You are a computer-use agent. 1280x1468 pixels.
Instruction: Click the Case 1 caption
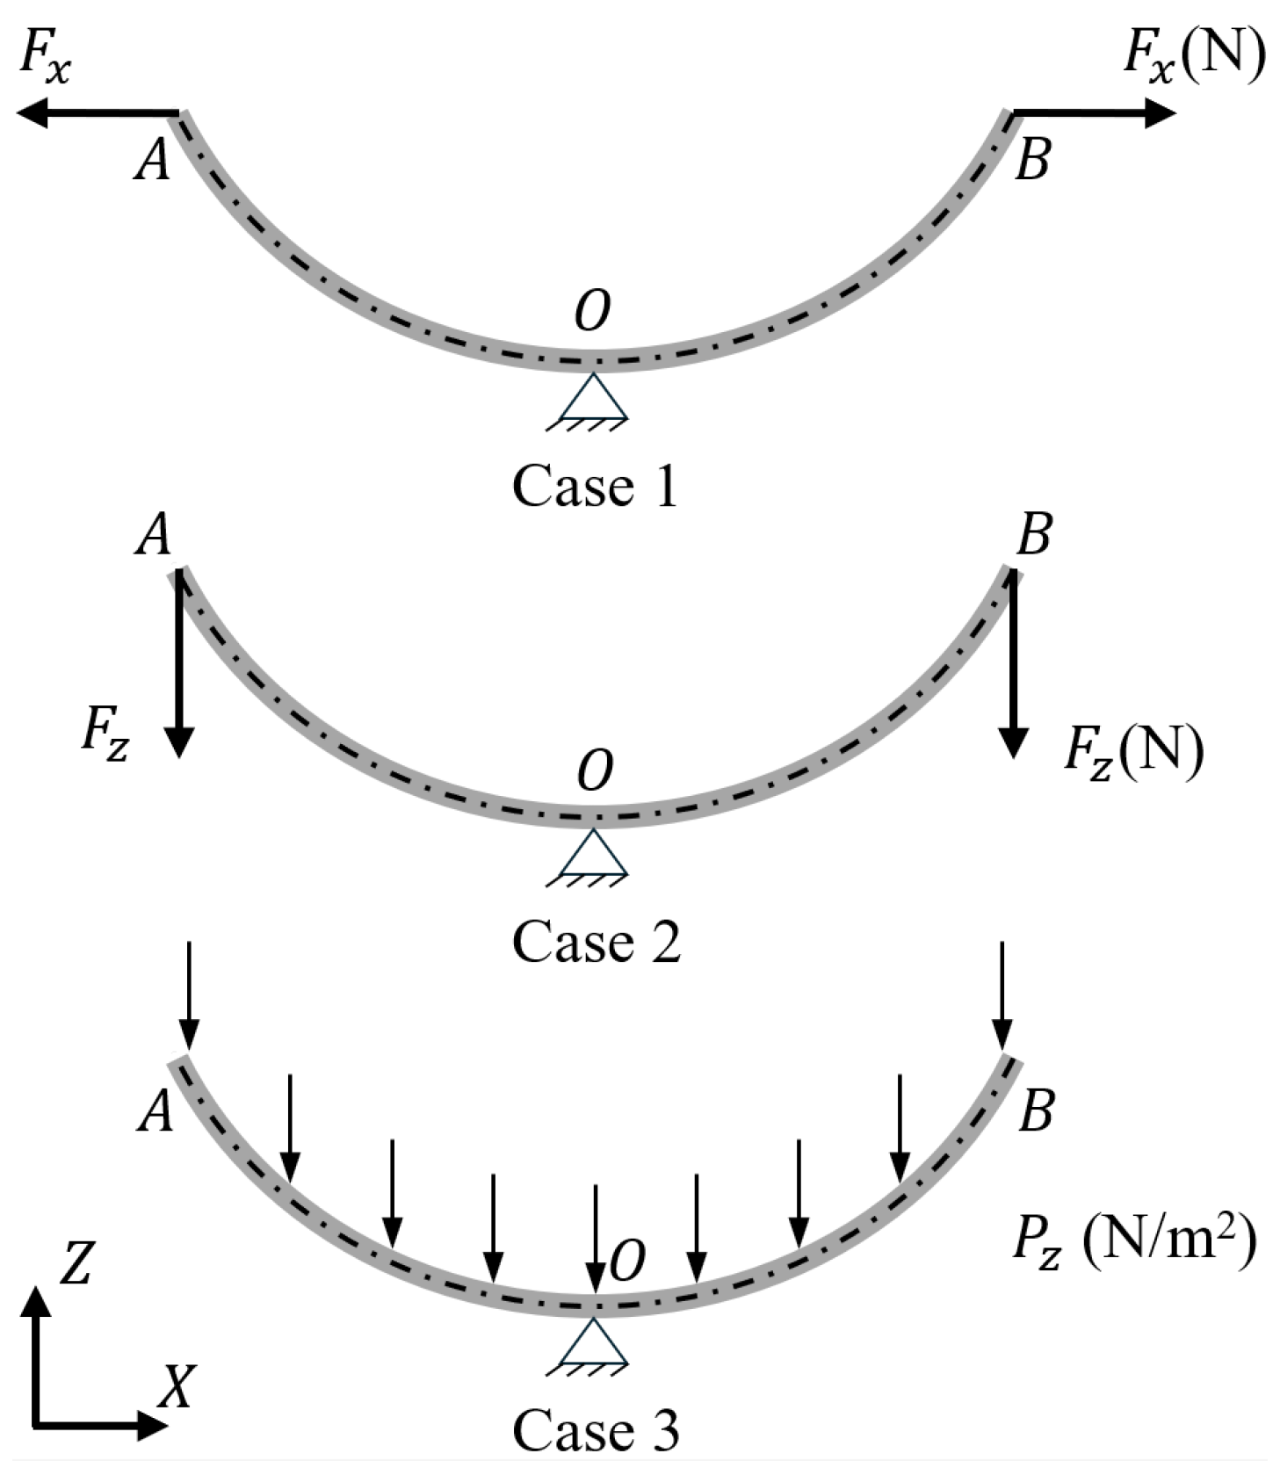596,486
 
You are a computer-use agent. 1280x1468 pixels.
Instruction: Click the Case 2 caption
597,942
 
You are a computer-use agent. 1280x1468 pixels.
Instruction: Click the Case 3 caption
596,1429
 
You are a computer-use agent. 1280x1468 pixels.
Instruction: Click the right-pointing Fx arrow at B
1095,113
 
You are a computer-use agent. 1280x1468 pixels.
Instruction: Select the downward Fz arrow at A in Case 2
179,662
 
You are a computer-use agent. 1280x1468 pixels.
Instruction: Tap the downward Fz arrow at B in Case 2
1013,662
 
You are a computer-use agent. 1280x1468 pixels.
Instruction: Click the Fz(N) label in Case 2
1133,752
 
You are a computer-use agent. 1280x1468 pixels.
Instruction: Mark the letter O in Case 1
593,312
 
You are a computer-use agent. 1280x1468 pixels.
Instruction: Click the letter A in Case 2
153,534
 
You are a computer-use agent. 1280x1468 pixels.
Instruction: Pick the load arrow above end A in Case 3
189,996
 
